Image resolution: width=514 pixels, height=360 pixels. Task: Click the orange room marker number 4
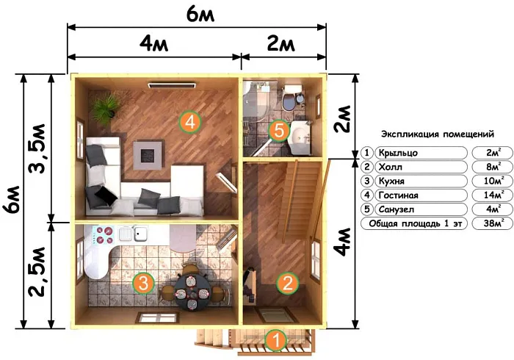189,122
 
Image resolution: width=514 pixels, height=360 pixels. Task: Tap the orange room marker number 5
279,131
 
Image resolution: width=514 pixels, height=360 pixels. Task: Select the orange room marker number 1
276,340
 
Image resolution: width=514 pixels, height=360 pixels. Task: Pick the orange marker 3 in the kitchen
144,283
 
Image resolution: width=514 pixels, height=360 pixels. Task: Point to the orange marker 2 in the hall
288,283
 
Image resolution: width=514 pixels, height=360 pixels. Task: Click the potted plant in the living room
105,108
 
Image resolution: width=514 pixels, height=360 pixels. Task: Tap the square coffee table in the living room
148,156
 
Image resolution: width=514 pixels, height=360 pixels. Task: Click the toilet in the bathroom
291,98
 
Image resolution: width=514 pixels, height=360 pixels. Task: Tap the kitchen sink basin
141,234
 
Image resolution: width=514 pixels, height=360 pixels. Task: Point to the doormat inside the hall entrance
275,315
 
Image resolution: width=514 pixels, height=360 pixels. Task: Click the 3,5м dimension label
37,148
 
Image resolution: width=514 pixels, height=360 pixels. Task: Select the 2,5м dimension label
37,272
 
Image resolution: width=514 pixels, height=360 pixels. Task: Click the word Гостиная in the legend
398,195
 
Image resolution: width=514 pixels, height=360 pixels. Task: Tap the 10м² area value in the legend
493,181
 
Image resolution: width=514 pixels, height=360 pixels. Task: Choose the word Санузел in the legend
397,209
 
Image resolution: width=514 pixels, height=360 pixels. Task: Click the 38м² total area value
493,223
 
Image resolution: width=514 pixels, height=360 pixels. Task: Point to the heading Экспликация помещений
438,134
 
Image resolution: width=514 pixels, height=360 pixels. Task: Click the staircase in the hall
298,197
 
